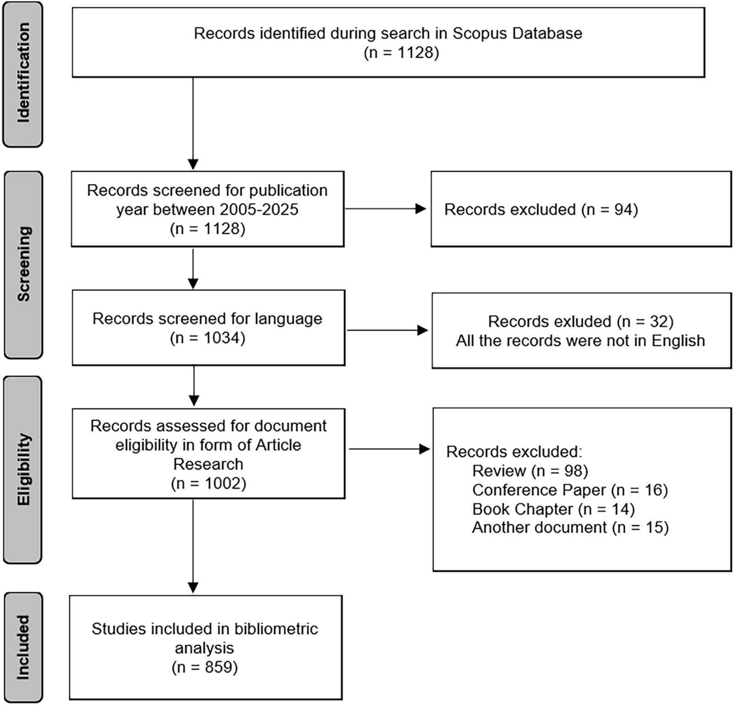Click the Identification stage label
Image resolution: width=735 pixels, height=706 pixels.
pos(23,73)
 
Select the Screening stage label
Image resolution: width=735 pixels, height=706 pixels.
pos(23,265)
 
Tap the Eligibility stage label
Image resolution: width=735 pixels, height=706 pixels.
pos(23,469)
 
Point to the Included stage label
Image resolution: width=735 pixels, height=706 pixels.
pos(23,647)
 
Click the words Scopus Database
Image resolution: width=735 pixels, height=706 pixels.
pos(517,34)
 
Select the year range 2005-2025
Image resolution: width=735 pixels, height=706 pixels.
pos(259,209)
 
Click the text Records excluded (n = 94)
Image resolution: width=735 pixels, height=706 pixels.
pos(541,209)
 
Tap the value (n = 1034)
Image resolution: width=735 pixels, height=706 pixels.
pos(208,338)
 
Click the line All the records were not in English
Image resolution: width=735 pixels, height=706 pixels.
pos(580,341)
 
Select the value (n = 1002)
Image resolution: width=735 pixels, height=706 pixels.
pos(208,484)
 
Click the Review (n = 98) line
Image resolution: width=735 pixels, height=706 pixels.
pos(530,471)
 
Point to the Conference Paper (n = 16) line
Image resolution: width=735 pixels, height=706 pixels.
pos(570,490)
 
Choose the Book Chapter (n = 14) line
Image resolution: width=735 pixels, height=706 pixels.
pos(553,509)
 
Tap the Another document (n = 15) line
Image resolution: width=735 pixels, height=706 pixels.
pos(570,527)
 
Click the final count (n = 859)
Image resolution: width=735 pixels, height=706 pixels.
pos(205,667)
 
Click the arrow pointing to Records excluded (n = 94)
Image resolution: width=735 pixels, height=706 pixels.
pos(386,209)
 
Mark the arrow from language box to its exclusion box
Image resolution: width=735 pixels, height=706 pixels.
pos(387,330)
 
